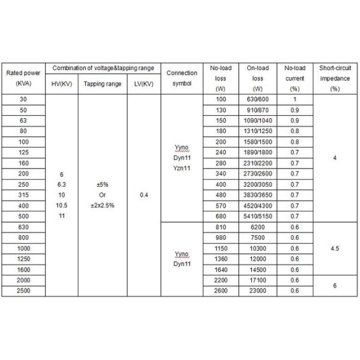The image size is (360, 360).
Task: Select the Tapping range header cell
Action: (103, 84)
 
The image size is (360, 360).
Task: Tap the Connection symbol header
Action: (182, 78)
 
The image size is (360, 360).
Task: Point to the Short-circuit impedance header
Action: (335, 78)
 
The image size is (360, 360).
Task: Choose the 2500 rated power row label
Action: (23, 290)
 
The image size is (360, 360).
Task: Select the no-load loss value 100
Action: (221, 99)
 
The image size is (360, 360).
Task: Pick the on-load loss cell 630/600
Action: (258, 99)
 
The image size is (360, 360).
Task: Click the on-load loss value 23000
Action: (258, 290)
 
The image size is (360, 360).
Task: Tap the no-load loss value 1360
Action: (221, 259)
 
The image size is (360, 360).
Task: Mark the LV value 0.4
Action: (144, 194)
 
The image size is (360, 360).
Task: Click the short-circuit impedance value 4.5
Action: (335, 248)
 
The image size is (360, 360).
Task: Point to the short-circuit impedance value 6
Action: (335, 286)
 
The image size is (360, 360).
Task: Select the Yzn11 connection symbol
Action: (182, 169)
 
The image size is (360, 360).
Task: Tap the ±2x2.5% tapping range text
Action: (103, 205)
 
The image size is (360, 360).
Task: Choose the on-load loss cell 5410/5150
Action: (258, 216)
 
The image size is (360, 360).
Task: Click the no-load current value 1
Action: (295, 99)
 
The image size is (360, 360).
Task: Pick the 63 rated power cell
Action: (23, 120)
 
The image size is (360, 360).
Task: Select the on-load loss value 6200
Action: (258, 227)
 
